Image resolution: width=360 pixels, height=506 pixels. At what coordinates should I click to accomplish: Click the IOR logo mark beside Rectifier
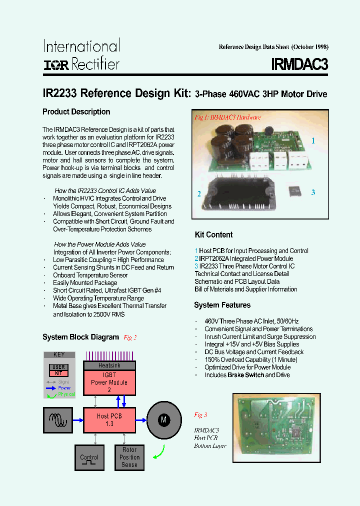click(56, 64)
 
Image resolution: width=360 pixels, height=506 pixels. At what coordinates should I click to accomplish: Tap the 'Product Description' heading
click(76, 111)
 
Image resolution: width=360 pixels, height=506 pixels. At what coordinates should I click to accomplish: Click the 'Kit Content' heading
click(213, 234)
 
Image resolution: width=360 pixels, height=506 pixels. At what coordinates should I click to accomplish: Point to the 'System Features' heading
click(222, 305)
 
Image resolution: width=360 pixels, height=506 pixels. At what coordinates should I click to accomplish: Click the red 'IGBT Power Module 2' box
click(109, 382)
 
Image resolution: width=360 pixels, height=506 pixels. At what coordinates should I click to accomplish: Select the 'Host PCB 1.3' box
click(109, 419)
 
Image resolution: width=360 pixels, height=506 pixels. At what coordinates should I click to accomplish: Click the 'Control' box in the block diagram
click(89, 457)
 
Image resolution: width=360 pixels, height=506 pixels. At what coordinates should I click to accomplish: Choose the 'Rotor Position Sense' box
click(129, 457)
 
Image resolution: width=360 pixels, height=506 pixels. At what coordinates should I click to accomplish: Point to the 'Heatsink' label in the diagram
click(109, 365)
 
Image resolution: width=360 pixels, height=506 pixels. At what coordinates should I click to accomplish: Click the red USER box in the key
click(58, 367)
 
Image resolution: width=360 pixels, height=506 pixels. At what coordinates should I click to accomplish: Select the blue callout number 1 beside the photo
click(313, 141)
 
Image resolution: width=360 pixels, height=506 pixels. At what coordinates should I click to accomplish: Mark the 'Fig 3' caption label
click(200, 415)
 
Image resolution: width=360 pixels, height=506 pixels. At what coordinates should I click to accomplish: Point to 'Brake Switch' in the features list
click(245, 374)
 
